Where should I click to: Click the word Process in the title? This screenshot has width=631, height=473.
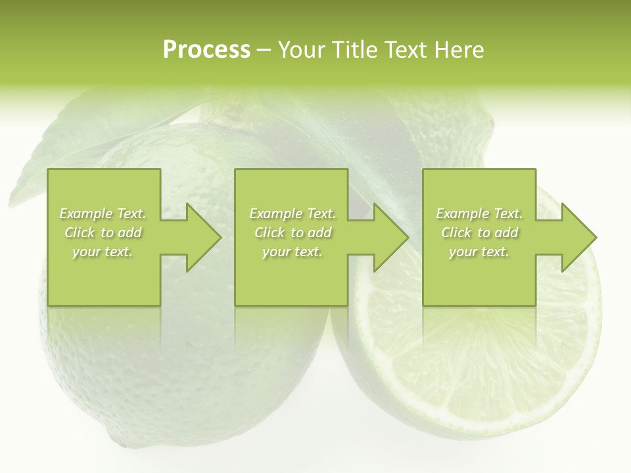pos(206,50)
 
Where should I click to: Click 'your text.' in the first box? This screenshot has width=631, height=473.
pos(102,252)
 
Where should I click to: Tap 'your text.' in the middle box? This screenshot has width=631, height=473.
pos(292,252)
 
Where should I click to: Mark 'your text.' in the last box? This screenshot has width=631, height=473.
pos(479,252)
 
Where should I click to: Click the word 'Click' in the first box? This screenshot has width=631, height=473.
pos(80,233)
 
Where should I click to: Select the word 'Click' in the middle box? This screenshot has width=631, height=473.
pos(269,233)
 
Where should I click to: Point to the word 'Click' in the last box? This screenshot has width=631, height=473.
pos(456,233)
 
